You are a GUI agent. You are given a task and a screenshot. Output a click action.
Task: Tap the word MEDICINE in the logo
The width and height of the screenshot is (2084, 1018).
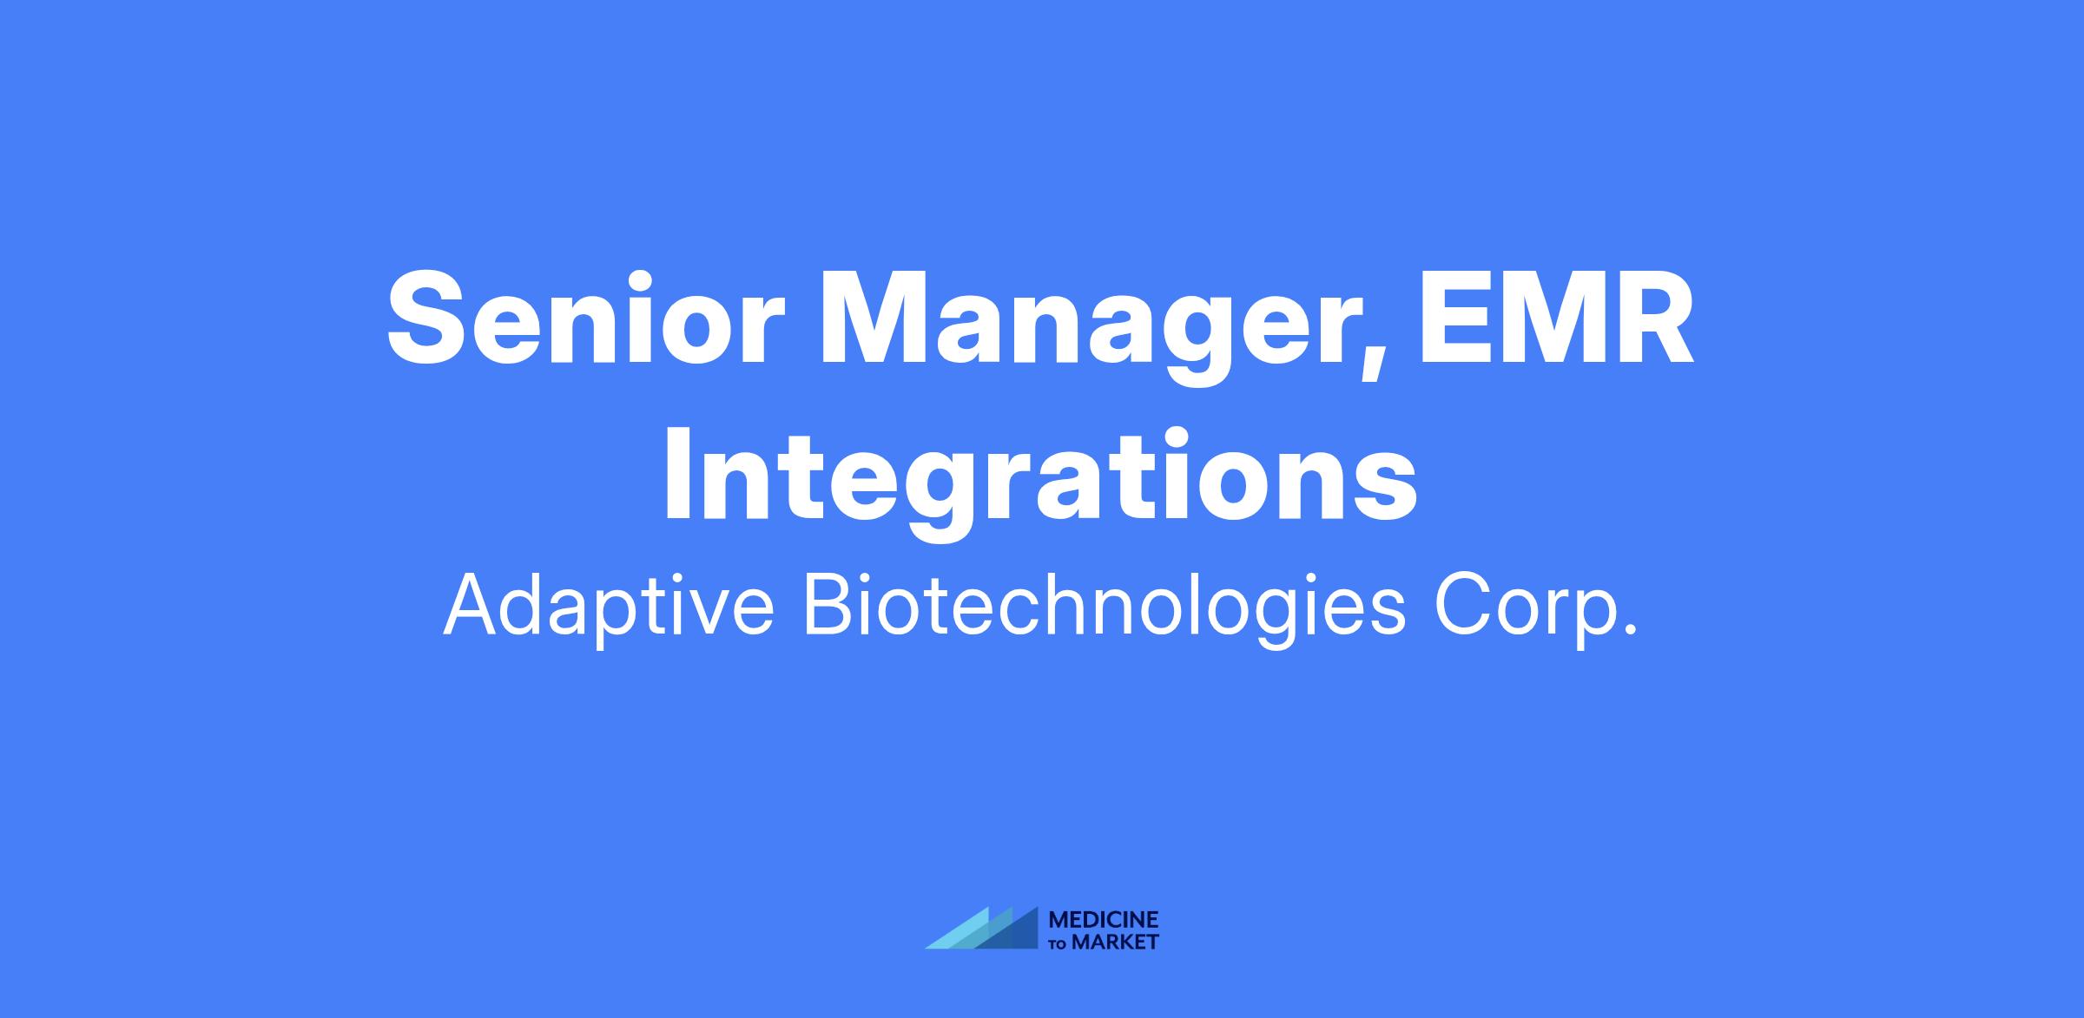1104,920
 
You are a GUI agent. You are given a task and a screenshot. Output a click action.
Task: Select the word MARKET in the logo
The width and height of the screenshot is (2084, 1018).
1115,942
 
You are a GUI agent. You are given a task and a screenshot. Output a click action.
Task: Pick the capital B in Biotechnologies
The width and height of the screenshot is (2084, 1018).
834,604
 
